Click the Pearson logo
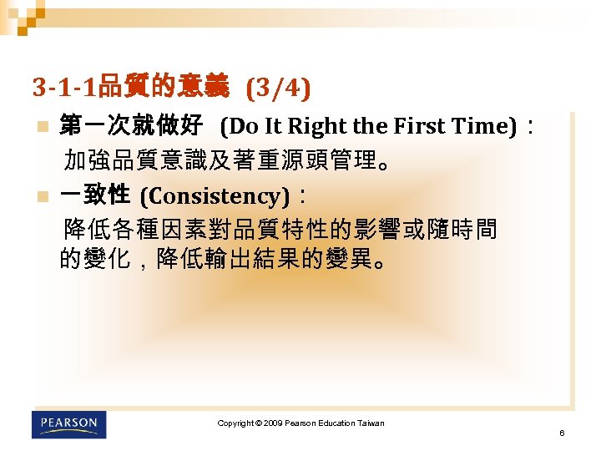click(69, 424)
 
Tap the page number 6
click(563, 433)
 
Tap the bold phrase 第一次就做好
click(131, 127)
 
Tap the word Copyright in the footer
click(235, 423)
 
